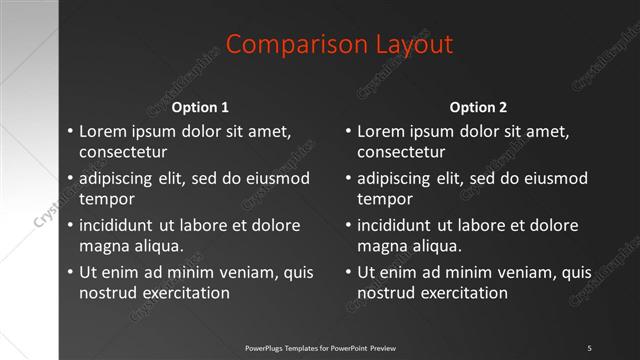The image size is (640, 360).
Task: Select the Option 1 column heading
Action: (200, 107)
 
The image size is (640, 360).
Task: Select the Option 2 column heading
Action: (478, 107)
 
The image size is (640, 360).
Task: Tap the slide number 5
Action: (589, 347)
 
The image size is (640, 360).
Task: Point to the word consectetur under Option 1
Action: (123, 153)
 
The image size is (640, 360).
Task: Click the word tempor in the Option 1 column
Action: (101, 199)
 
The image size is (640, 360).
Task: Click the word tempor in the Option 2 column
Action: (379, 199)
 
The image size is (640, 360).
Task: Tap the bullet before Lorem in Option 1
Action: (69, 131)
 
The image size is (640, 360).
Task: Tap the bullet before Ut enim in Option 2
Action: (347, 272)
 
